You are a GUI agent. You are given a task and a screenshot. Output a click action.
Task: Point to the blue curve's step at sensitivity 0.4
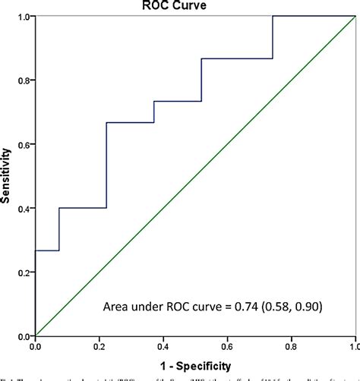click(82, 208)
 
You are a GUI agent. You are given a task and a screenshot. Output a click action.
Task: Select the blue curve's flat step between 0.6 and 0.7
click(141, 122)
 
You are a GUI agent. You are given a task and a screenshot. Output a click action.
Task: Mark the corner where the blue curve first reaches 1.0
click(272, 17)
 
